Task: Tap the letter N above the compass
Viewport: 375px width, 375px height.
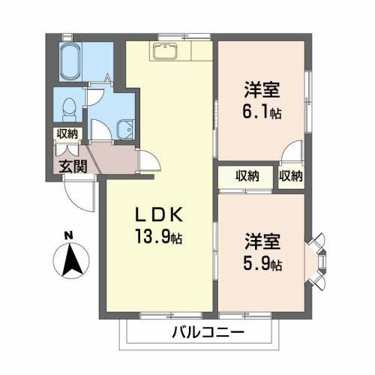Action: click(68, 235)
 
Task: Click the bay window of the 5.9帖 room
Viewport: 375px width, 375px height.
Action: click(318, 262)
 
